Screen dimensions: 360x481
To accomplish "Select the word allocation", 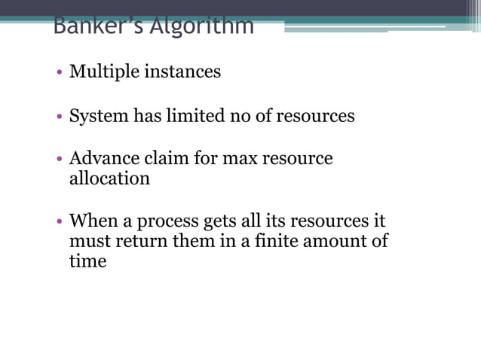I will pos(109,178).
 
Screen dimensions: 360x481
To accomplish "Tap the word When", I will pos(90,221).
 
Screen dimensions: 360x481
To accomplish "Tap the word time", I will pos(87,262).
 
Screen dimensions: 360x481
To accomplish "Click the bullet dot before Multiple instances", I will pos(59,73).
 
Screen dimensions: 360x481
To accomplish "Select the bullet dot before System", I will pos(59,117).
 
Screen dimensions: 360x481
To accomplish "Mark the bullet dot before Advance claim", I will pos(59,160).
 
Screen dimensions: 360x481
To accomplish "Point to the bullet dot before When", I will pos(59,223).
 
